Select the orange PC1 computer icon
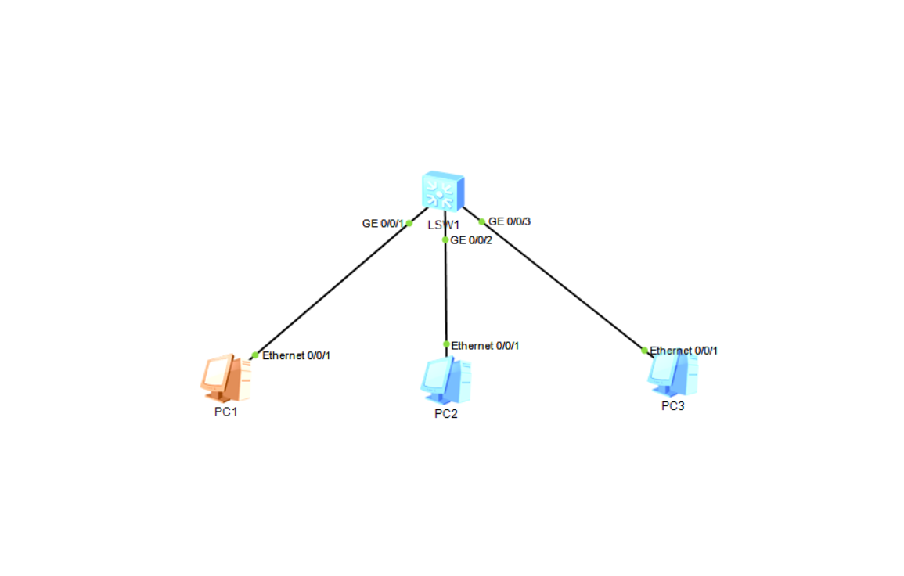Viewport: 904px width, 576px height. click(x=226, y=378)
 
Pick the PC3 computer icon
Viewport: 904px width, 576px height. click(x=672, y=375)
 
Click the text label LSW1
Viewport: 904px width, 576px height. click(x=443, y=225)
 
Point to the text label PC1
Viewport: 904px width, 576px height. click(x=225, y=412)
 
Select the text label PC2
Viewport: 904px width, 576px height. click(x=445, y=414)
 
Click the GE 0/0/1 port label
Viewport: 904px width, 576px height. click(x=382, y=224)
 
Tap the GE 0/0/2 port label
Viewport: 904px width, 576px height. click(x=472, y=240)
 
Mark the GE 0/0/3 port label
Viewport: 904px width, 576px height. click(x=510, y=221)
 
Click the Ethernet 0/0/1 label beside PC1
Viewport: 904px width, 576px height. click(x=296, y=356)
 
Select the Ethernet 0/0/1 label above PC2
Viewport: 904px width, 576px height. click(x=485, y=345)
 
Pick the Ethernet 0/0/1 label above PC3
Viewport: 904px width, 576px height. click(x=684, y=351)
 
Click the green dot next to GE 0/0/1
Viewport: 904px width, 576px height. click(x=409, y=223)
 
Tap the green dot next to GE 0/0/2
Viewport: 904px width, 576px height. click(x=445, y=240)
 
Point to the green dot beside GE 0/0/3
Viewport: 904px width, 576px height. click(x=482, y=221)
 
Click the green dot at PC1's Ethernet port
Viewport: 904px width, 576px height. click(x=255, y=355)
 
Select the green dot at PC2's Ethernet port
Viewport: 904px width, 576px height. click(x=446, y=344)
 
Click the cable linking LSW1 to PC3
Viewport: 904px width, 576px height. click(x=564, y=286)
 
